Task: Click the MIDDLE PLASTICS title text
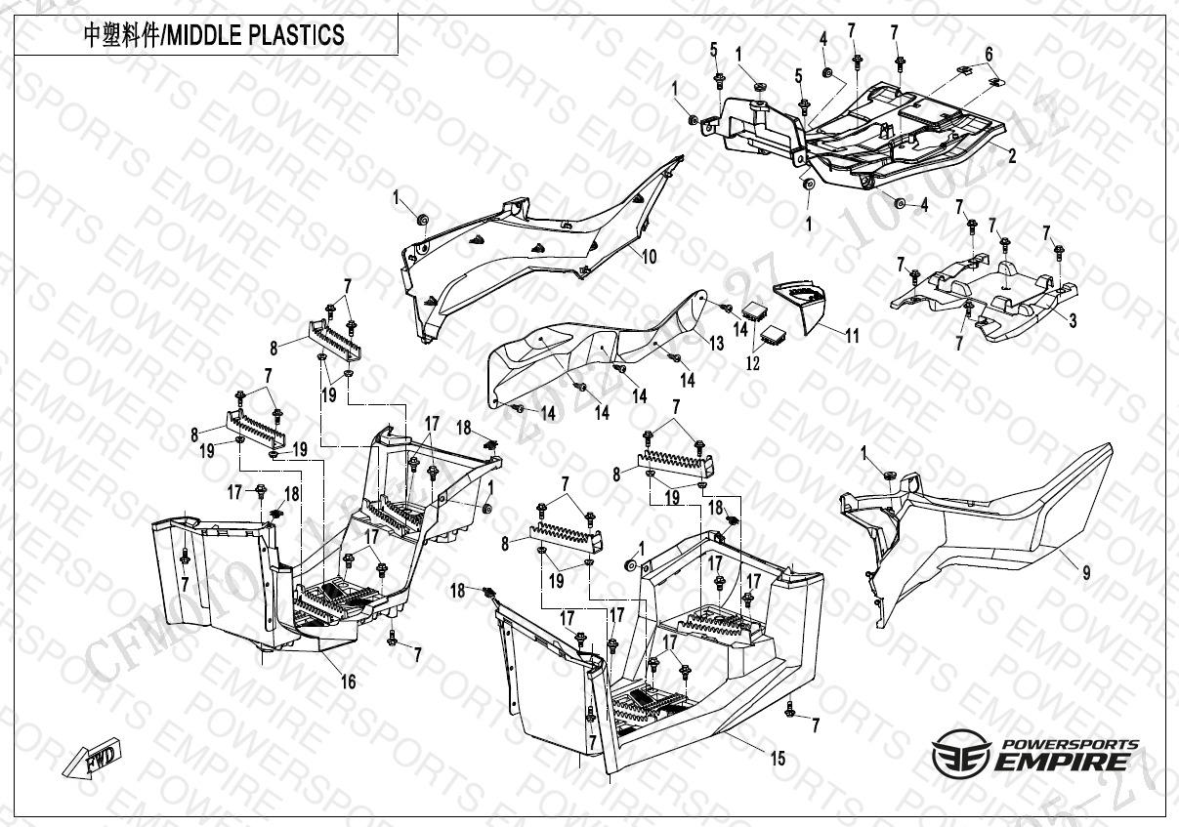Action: (x=213, y=36)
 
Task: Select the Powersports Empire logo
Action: (x=1035, y=754)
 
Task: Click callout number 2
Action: (x=1012, y=155)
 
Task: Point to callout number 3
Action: (x=1073, y=321)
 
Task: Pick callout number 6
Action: (x=989, y=53)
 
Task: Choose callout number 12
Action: (x=752, y=362)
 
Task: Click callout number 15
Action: (x=779, y=758)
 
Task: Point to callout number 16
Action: (x=348, y=682)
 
